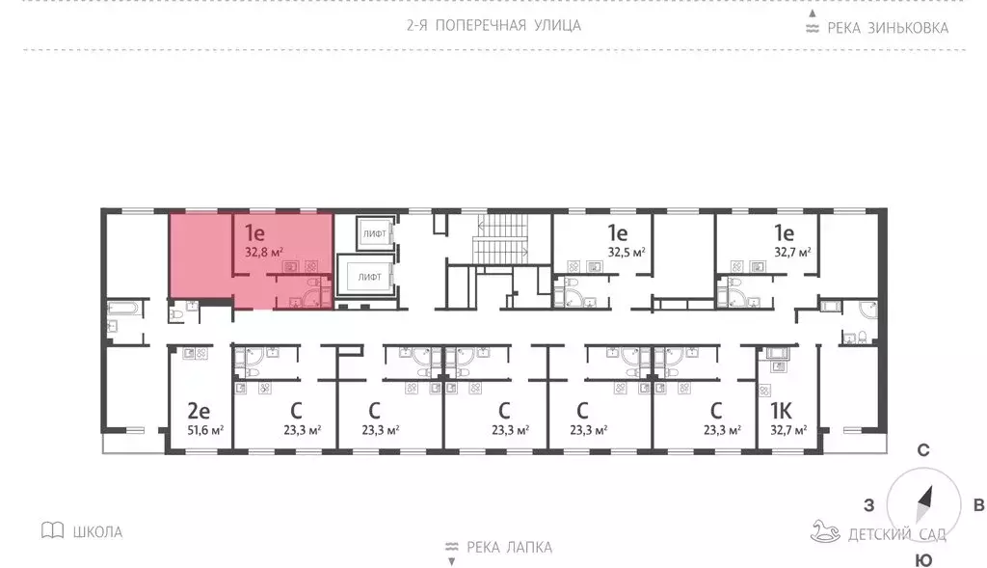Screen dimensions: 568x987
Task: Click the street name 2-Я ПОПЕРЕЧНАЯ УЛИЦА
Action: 493,25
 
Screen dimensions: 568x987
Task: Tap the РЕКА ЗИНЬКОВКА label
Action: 887,27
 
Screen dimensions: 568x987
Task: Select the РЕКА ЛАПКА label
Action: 509,548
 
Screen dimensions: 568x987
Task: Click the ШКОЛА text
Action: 97,531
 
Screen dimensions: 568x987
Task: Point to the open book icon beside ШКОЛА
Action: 53,530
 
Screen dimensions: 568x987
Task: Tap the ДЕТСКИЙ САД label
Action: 896,534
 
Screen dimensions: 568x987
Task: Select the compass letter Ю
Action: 922,560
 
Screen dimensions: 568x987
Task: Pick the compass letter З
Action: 867,505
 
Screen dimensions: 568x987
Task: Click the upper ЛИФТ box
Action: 373,233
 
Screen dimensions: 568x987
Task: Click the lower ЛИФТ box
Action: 369,277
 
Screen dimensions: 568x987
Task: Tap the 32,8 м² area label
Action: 263,253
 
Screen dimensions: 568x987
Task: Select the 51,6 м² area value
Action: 205,430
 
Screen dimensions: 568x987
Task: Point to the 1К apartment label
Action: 784,410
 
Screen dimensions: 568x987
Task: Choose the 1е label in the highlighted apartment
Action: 254,232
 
